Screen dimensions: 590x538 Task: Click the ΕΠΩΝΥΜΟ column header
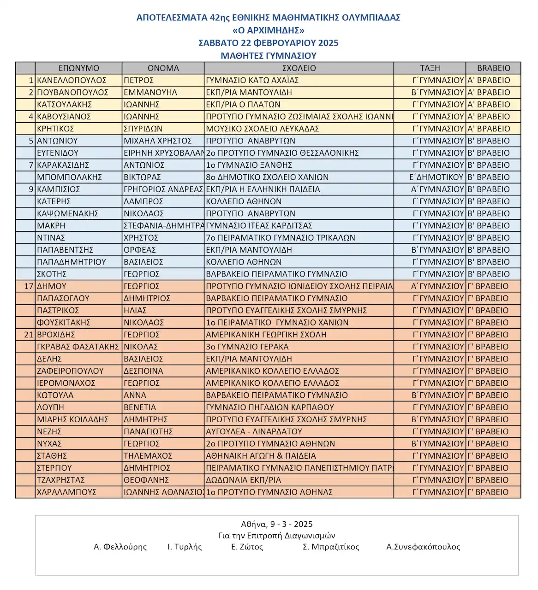pos(78,68)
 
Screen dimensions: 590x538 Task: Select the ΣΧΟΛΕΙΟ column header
pos(299,68)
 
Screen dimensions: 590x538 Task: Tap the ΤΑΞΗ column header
pos(430,68)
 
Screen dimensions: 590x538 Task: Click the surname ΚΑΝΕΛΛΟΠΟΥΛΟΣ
pos(72,80)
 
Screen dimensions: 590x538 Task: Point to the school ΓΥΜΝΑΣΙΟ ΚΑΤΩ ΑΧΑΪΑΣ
pos(252,80)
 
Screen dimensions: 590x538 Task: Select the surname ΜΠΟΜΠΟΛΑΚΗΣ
pos(69,177)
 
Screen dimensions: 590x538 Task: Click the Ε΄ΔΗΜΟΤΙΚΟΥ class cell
pos(436,177)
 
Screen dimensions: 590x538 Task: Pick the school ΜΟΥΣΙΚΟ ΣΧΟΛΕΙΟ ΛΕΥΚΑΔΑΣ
pos(262,129)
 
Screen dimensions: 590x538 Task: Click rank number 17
pos(29,286)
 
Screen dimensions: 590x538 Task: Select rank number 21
pos(29,335)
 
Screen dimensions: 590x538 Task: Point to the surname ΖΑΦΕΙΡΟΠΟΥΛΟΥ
pos(70,371)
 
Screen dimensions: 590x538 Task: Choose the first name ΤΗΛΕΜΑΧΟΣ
pos(148,456)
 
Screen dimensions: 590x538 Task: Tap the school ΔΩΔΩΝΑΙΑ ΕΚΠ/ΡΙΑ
pos(243,480)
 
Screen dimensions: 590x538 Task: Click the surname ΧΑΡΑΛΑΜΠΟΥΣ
pos(66,492)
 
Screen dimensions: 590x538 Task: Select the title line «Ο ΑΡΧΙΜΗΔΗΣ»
pos(269,30)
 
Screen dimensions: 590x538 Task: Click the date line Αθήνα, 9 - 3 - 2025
pos(277,524)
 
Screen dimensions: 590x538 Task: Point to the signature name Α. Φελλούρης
pos(120,547)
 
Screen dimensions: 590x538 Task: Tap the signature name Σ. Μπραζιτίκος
pos(331,547)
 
